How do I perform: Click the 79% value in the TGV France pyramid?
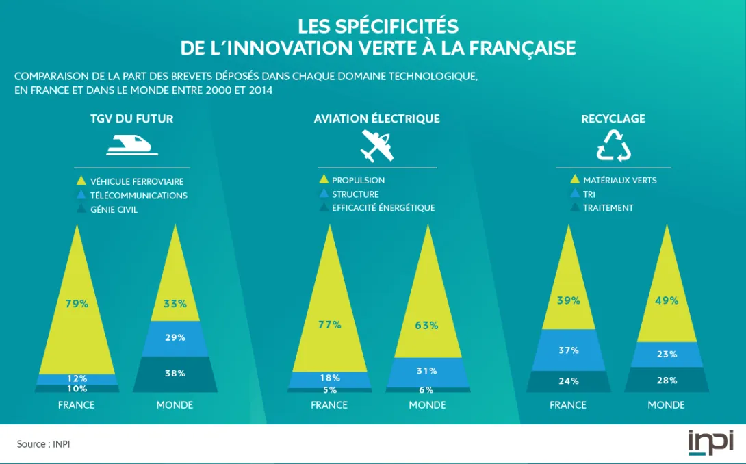coord(77,304)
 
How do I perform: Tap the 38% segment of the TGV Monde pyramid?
coord(175,374)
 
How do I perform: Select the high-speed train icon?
coord(132,144)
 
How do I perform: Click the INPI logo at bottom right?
coord(710,441)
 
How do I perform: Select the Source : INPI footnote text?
coord(44,444)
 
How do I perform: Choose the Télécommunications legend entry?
coord(138,196)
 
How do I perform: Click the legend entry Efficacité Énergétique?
coord(383,208)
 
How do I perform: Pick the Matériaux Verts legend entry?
coord(619,180)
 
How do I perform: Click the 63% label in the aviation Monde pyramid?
coord(426,325)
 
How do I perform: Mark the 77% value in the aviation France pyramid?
coord(329,325)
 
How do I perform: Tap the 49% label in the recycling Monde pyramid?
coord(666,300)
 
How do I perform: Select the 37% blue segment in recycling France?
coord(568,350)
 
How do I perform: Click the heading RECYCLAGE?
coord(613,118)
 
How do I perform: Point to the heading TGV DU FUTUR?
coord(132,118)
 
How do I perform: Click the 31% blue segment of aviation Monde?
coord(427,371)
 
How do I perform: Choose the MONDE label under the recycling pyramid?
coord(666,404)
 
